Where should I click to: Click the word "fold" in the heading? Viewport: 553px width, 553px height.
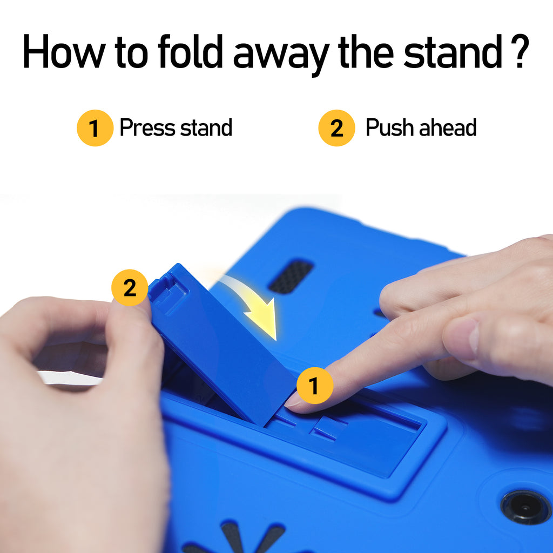[191, 51]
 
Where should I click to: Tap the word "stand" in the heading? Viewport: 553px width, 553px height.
[453, 51]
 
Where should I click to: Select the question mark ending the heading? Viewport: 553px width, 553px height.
[519, 51]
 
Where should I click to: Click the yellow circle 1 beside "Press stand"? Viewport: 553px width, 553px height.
[95, 128]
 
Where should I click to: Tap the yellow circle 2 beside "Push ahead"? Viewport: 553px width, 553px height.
[336, 128]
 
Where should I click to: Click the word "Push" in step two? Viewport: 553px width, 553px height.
[390, 127]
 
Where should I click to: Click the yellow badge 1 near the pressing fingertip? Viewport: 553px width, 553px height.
[315, 385]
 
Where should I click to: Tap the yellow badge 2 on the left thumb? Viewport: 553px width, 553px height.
[130, 288]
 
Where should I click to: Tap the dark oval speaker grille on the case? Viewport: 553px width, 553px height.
[291, 277]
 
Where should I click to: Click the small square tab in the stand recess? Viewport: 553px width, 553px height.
[326, 428]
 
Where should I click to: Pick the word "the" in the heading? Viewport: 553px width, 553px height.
[366, 51]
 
